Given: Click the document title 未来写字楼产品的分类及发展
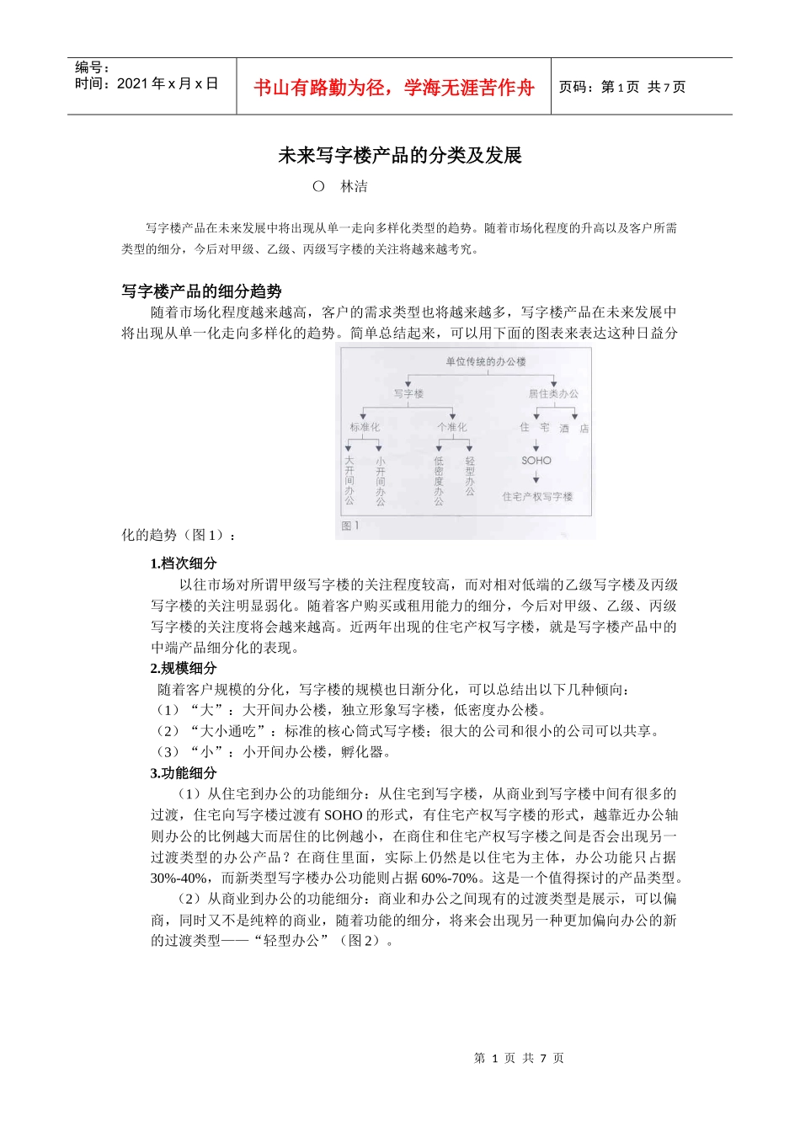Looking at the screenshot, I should point(400,156).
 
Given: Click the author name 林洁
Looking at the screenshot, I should point(354,187).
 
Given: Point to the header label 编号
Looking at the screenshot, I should point(92,67).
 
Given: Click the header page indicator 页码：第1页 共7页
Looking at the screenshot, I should point(622,87).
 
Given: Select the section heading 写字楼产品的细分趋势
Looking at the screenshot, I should point(201,291).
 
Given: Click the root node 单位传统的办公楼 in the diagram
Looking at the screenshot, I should point(485,362).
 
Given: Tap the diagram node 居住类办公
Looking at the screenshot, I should point(553,393).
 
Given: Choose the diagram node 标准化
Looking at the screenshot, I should point(365,427).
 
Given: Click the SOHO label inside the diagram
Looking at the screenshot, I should point(536,461).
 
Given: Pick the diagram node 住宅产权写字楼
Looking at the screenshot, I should point(537,497).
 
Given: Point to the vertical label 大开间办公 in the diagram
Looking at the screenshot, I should point(349,480).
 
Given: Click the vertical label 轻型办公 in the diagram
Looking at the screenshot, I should point(470,476).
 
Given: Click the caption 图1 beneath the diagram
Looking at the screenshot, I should point(350,526).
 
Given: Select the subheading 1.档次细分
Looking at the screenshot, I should point(183,563).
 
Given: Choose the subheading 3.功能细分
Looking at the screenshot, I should point(183,773).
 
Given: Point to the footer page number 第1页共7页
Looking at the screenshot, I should point(519,1058).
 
